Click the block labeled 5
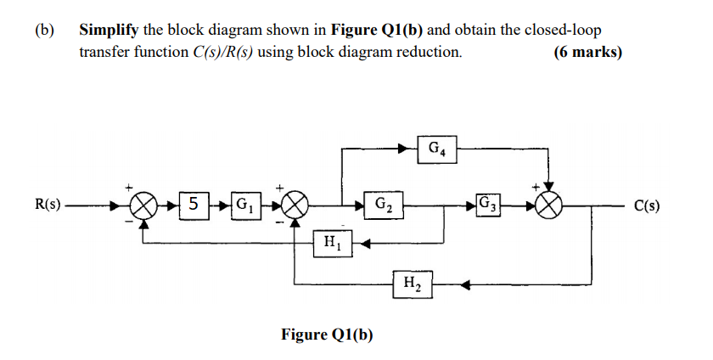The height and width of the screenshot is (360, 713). tap(194, 205)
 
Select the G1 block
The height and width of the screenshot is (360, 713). tap(244, 205)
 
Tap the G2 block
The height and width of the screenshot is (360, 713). tap(383, 205)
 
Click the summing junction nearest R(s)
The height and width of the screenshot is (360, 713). tap(146, 205)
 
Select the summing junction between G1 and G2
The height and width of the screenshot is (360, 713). tap(296, 205)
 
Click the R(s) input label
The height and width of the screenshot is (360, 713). tap(48, 205)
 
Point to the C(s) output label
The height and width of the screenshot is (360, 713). tap(649, 205)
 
